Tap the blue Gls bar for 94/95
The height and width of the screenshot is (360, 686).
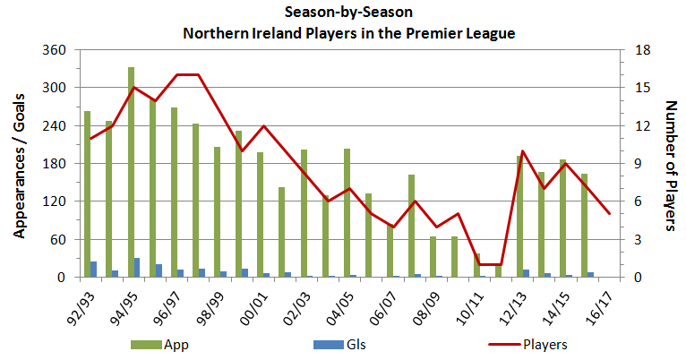coord(137,268)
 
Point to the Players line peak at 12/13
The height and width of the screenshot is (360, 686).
coord(523,151)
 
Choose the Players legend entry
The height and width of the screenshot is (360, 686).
coord(536,344)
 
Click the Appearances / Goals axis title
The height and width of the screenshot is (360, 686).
coord(19,164)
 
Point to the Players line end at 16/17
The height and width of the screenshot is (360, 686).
coord(609,214)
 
